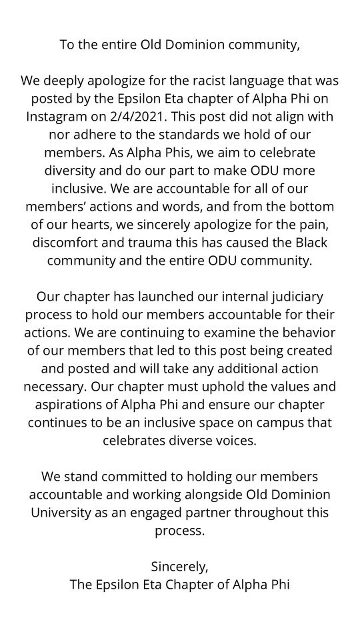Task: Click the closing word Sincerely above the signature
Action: pos(180,568)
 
